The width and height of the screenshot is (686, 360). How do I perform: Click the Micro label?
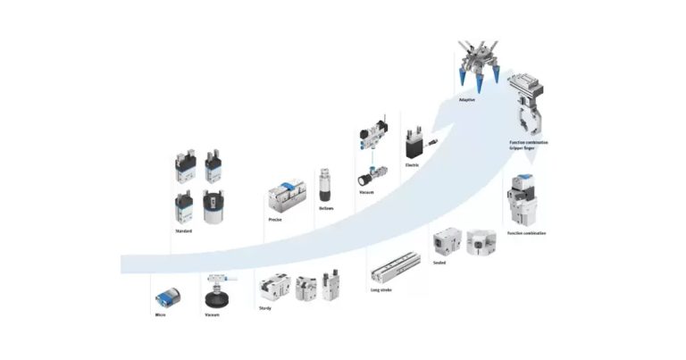tap(160, 314)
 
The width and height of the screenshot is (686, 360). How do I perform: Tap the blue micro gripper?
tap(167, 298)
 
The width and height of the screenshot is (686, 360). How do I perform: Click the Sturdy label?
tap(265, 307)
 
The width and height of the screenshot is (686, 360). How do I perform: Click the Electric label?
tap(413, 164)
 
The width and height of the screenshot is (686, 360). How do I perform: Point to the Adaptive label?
tap(466, 100)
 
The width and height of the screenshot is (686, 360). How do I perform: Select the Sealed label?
tap(439, 263)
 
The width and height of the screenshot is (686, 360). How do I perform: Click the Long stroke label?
tap(381, 289)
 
